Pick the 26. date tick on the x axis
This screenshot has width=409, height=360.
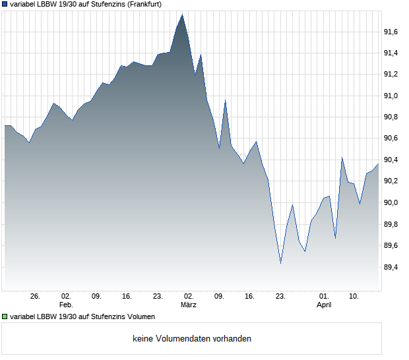pos(36,297)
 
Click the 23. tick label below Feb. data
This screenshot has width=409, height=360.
pos(158,297)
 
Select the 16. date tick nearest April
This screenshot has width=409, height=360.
pos(249,297)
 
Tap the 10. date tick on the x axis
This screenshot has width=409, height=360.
pos(354,297)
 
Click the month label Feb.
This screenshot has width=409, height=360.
pos(66,305)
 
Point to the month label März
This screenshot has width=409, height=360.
pos(189,305)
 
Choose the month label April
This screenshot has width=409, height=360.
pos(324,305)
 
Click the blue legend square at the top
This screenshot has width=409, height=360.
pos(5,5)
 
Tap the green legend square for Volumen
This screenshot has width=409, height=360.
pos(5,316)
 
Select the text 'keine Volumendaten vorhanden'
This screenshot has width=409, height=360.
pos(191,339)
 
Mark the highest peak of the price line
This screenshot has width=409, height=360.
pos(183,14)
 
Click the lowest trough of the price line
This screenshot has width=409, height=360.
pos(280,263)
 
